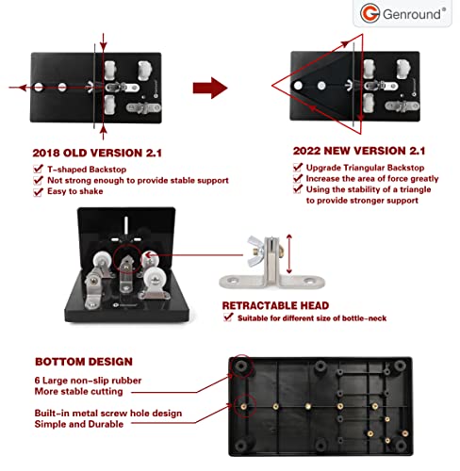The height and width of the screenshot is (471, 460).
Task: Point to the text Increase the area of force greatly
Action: click(x=362, y=179)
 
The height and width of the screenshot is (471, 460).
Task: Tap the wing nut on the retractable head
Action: click(x=257, y=245)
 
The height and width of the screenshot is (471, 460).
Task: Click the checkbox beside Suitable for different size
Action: click(x=228, y=318)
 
